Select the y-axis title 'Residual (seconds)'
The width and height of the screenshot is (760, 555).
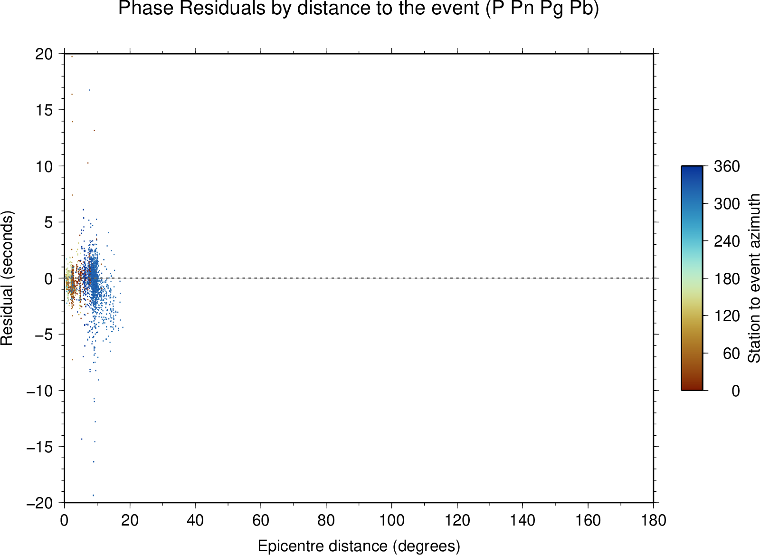coord(7,278)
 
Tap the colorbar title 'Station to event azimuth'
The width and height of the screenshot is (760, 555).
coord(753,278)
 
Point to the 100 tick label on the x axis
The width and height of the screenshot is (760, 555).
coord(391,520)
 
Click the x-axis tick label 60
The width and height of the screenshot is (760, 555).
coord(261,520)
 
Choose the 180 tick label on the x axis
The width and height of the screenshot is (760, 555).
coord(654,520)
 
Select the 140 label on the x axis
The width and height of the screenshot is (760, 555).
coord(522,520)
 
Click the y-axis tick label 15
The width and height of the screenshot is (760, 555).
coord(44,110)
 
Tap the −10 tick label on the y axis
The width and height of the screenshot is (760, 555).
coord(40,391)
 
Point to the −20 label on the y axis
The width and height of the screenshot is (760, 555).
coord(40,503)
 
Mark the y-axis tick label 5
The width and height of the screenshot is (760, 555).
coord(48,222)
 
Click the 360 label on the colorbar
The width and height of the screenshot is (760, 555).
coord(727,166)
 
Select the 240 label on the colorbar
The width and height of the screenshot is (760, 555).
coord(727,241)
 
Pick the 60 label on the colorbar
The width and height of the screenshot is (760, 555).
coord(731,354)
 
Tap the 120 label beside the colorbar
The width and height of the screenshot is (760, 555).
coord(727,316)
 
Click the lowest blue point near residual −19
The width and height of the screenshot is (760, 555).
coord(93,495)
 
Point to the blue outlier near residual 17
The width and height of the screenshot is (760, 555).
coord(90,90)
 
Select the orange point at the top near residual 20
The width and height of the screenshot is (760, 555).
coord(72,57)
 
